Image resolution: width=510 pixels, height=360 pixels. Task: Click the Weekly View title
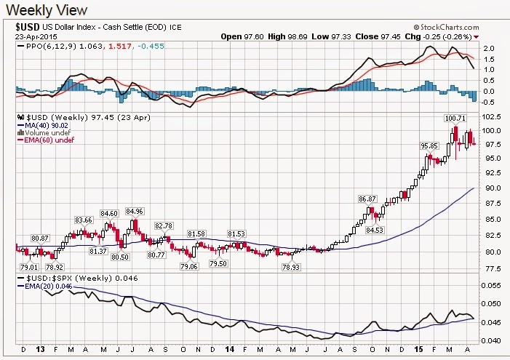[x=45, y=10]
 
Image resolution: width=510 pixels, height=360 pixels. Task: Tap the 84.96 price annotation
[x=135, y=212]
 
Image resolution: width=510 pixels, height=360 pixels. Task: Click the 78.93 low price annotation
[x=292, y=267]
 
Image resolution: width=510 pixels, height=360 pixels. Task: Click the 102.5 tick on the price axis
[x=491, y=116]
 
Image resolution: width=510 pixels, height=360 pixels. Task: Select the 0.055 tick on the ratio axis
[x=491, y=285]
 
